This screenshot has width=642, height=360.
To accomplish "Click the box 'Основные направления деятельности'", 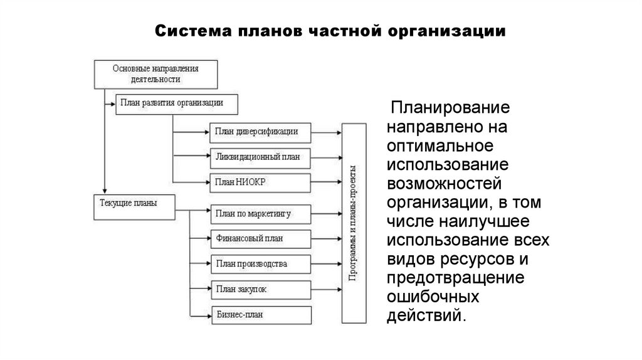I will (x=155, y=73).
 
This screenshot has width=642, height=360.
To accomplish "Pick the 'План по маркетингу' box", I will (x=260, y=214).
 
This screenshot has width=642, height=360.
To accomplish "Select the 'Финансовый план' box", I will (x=260, y=238).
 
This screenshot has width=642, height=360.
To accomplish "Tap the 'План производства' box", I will (x=260, y=264).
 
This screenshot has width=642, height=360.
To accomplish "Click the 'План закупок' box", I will (x=260, y=289).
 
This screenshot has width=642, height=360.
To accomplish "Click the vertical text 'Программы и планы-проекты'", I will (x=354, y=223).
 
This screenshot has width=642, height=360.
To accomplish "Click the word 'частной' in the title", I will (x=341, y=31).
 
